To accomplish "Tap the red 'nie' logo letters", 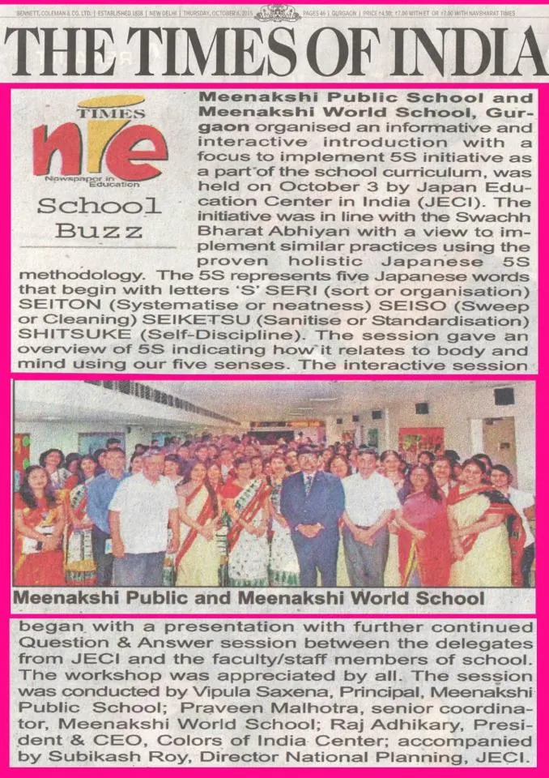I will tap(98, 149).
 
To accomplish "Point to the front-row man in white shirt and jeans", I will tap(143, 519).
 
